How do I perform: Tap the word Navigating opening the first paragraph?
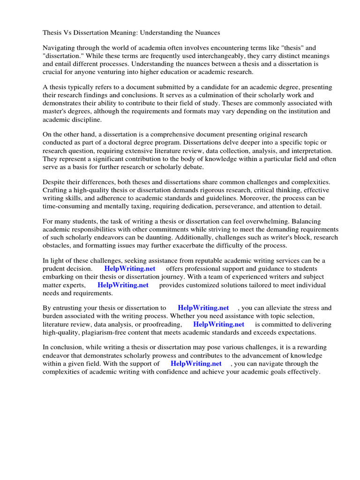pos(60,48)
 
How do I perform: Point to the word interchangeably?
pos(210,56)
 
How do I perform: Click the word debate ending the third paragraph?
pos(192,166)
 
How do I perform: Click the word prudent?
pos(56,269)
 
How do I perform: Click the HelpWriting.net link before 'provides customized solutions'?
pos(123,285)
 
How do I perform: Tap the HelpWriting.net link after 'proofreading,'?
pos(218,324)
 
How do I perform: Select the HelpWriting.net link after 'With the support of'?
pos(196,364)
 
